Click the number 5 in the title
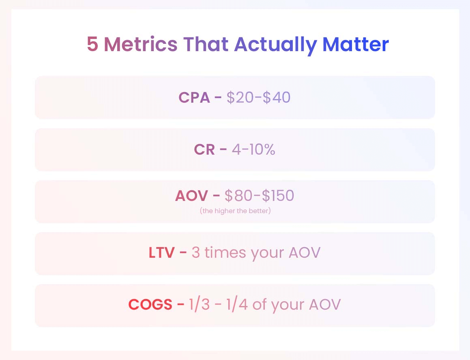point(92,44)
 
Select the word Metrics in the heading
point(141,44)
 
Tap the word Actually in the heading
point(275,45)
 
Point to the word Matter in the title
point(356,44)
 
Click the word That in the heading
point(206,44)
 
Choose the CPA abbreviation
point(194,97)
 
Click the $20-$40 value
point(258,97)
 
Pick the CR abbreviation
point(204,149)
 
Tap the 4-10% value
point(253,149)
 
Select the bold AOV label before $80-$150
point(191,196)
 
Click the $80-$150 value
point(259,196)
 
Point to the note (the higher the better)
point(235,211)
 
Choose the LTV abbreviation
point(161,252)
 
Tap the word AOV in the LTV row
point(305,252)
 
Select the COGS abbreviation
point(150,304)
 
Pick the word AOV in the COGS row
point(325,304)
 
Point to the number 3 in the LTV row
point(196,252)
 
